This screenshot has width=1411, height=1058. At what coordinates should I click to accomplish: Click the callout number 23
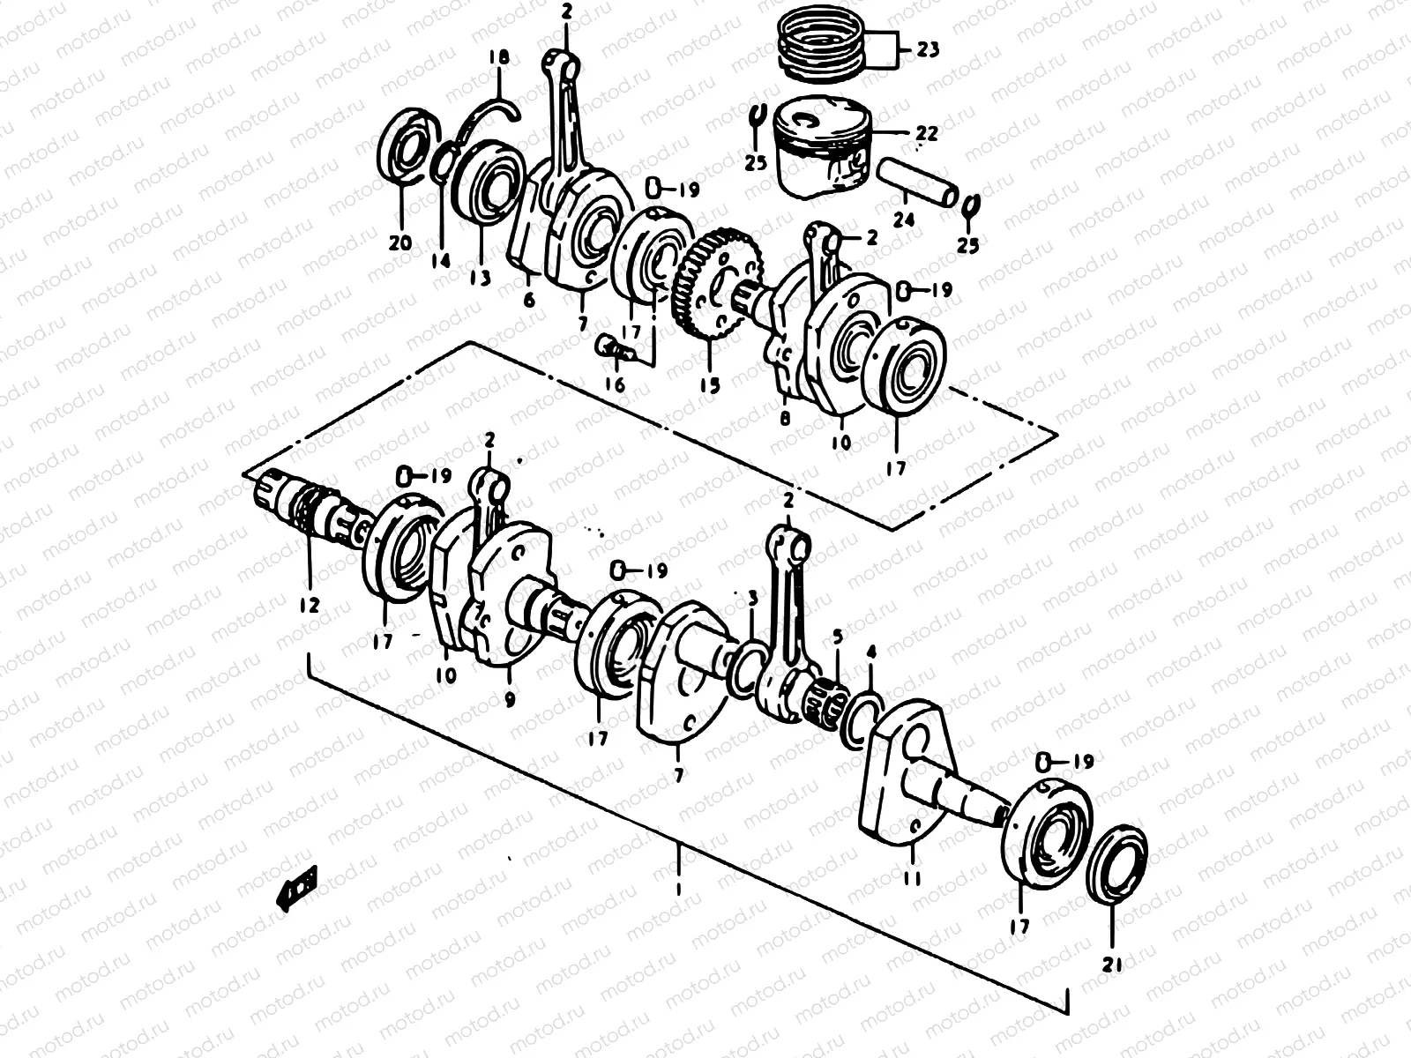click(x=927, y=50)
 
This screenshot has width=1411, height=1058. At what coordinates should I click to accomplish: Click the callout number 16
click(x=615, y=384)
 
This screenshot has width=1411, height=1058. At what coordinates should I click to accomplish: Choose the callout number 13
click(x=480, y=279)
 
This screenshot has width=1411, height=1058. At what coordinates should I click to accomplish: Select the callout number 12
click(x=309, y=606)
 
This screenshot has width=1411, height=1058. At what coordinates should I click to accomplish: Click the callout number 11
click(x=912, y=878)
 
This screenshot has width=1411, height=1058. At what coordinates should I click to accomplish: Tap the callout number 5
click(x=837, y=636)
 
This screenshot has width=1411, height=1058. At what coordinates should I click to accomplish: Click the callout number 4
click(x=871, y=653)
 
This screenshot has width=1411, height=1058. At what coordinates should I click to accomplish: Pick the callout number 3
click(x=752, y=599)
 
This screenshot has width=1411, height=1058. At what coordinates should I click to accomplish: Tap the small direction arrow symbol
click(x=297, y=884)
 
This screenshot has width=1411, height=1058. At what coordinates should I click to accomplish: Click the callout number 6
click(x=529, y=301)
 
